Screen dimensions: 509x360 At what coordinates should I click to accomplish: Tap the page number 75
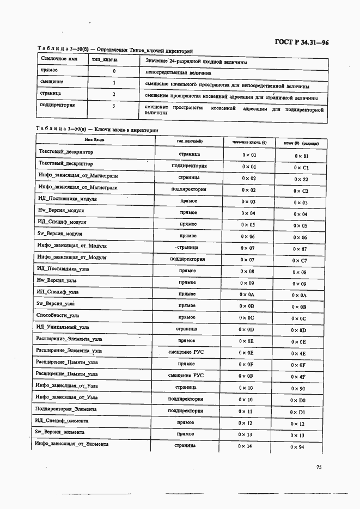point(319,467)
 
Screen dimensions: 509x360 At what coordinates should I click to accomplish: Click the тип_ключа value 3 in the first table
point(113,106)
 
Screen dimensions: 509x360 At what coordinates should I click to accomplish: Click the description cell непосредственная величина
point(179,72)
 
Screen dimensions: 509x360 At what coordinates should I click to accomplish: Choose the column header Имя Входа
point(94,140)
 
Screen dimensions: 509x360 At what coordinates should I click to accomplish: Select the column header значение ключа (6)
point(249,143)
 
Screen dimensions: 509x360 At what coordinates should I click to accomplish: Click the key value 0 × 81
point(301,156)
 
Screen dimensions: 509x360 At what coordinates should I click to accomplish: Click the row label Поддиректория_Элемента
point(65,409)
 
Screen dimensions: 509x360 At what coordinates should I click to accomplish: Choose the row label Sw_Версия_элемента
point(60,432)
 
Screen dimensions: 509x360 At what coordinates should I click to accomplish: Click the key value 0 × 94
point(297,447)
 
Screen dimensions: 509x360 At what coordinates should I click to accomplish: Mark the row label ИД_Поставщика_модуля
point(67,199)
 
